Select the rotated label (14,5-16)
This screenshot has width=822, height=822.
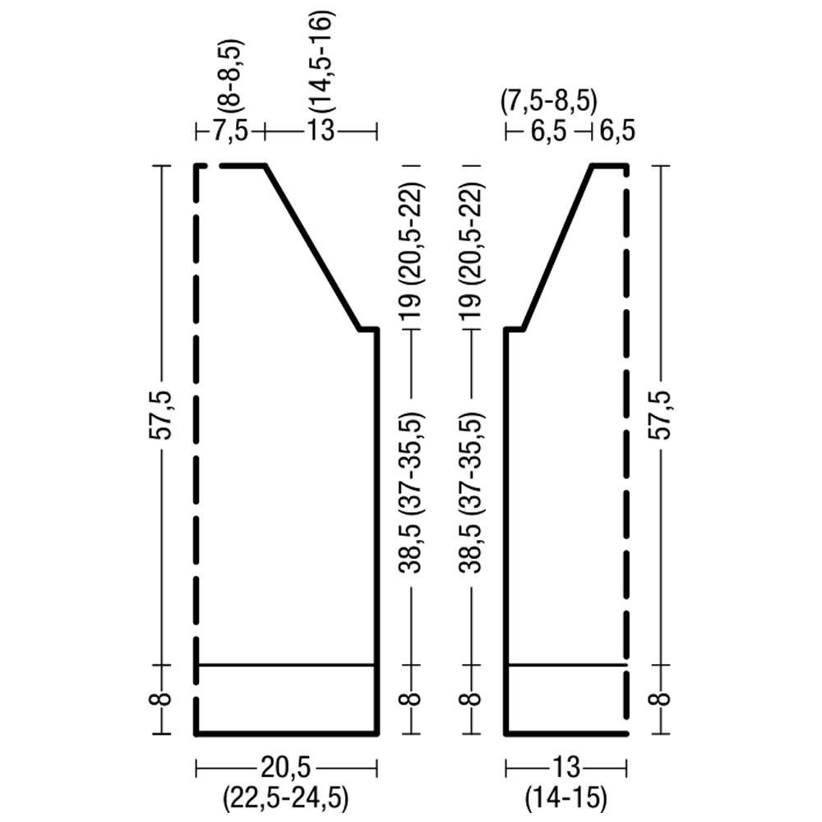pyautogui.click(x=321, y=62)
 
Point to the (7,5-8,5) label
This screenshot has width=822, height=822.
pyautogui.click(x=548, y=102)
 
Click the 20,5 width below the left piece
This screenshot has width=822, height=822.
pyautogui.click(x=286, y=769)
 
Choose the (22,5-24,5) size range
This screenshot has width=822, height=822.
pyautogui.click(x=286, y=798)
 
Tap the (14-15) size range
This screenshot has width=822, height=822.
pyautogui.click(x=566, y=798)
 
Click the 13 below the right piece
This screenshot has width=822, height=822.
pyautogui.click(x=566, y=769)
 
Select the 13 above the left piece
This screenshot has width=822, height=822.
pyautogui.click(x=321, y=131)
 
